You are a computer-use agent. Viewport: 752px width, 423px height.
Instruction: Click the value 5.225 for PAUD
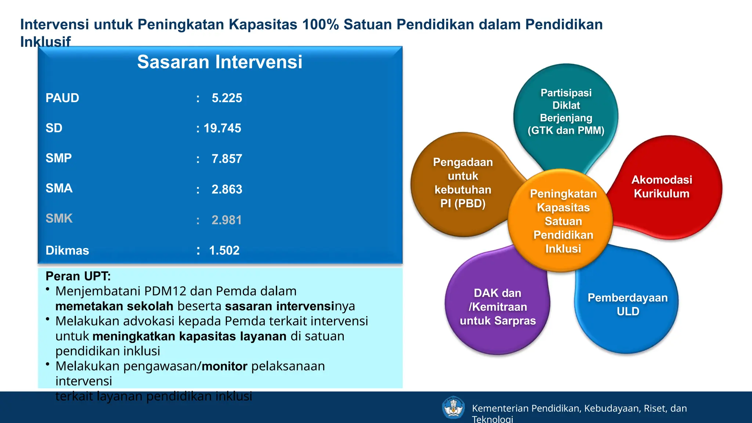click(x=227, y=98)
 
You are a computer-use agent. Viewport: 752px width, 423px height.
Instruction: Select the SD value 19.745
click(x=222, y=128)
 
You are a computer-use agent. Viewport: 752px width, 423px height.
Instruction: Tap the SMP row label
click(x=59, y=158)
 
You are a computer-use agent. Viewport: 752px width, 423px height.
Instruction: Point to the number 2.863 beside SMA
click(x=227, y=189)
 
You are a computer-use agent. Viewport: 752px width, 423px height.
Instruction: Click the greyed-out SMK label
click(x=59, y=218)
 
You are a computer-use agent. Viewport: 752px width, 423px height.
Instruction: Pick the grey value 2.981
click(x=227, y=220)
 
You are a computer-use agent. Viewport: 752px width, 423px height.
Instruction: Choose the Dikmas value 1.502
click(x=224, y=250)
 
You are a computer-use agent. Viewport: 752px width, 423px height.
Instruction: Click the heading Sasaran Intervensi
click(x=220, y=62)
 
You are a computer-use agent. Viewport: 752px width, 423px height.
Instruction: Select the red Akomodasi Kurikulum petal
click(x=662, y=187)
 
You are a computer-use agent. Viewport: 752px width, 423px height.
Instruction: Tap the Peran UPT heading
click(x=78, y=276)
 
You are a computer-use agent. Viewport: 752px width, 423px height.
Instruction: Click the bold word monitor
click(x=224, y=366)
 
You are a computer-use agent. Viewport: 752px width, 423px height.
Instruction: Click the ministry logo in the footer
click(x=453, y=407)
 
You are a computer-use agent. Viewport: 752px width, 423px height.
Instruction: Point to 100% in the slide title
click(x=321, y=25)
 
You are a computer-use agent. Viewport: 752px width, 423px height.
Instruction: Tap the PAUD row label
click(x=62, y=98)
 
